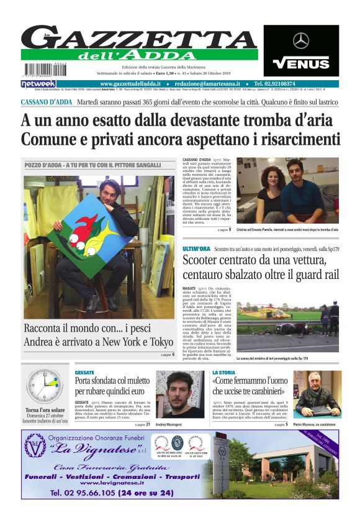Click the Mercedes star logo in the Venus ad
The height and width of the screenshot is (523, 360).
[301, 41]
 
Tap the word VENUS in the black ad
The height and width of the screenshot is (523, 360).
[301, 63]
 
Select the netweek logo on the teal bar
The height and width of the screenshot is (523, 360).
[38, 84]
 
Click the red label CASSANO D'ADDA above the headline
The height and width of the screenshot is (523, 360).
[47, 101]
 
